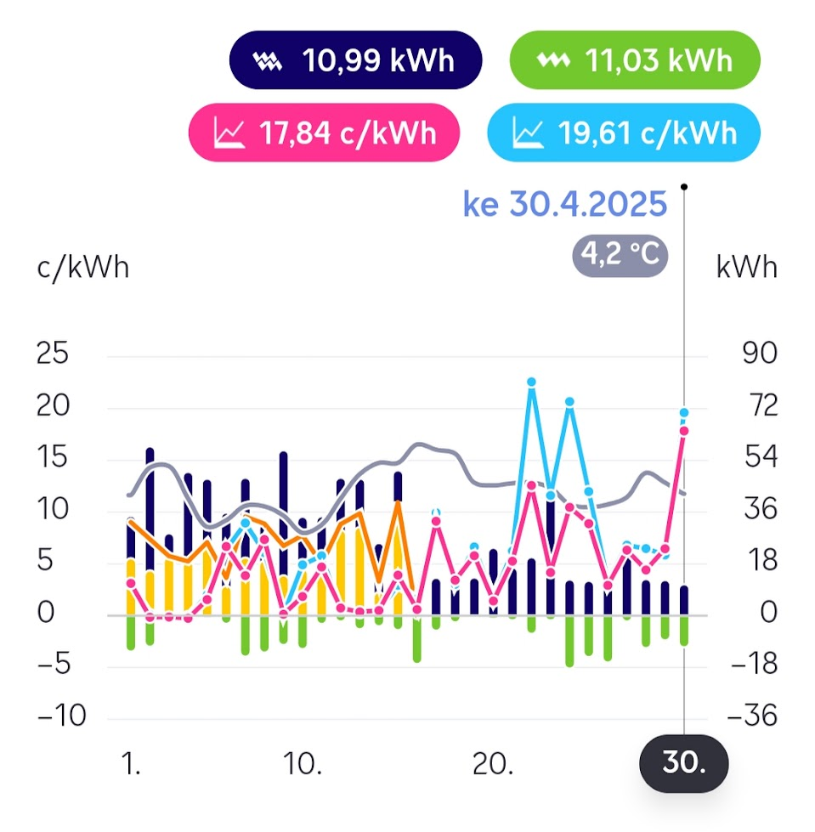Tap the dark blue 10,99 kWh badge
[356, 60]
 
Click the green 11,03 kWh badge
[634, 60]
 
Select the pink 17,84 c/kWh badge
[324, 133]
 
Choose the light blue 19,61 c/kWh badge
[624, 133]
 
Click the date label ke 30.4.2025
[564, 205]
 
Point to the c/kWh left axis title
[82, 267]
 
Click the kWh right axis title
[747, 267]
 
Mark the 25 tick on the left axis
[53, 354]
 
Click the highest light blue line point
[531, 382]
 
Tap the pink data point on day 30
[683, 431]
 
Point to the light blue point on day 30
[683, 413]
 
